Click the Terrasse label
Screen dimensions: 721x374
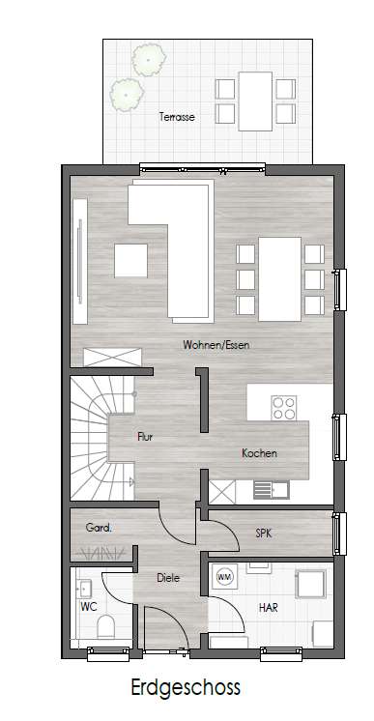click(177, 116)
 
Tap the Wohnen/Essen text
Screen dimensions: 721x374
click(211, 344)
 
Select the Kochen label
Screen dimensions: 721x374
click(260, 452)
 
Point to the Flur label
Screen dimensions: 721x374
click(145, 437)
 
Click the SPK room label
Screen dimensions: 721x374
click(263, 533)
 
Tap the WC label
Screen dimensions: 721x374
click(89, 607)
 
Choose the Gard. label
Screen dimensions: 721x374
click(99, 528)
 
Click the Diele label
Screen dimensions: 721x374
click(170, 578)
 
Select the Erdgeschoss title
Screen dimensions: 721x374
click(187, 688)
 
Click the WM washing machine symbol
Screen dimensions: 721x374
click(225, 577)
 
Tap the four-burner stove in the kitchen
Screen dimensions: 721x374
click(284, 408)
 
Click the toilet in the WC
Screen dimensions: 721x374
click(106, 627)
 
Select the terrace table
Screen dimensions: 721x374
click(255, 100)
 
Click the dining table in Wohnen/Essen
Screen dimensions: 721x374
click(281, 280)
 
